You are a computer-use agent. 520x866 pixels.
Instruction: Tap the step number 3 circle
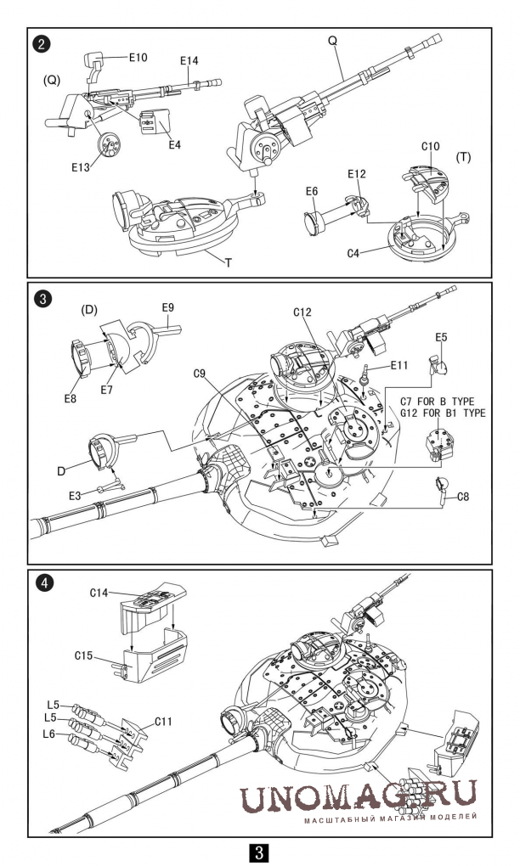tap(42, 299)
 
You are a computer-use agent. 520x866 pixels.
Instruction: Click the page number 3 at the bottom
tap(260, 852)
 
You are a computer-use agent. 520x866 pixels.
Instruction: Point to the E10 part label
tap(138, 58)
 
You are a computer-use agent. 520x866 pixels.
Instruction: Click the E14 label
tap(189, 61)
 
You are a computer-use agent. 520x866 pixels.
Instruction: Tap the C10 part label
tap(431, 146)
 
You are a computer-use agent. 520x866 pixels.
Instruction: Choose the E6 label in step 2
tap(312, 191)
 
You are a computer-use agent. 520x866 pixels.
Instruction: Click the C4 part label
tap(353, 254)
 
